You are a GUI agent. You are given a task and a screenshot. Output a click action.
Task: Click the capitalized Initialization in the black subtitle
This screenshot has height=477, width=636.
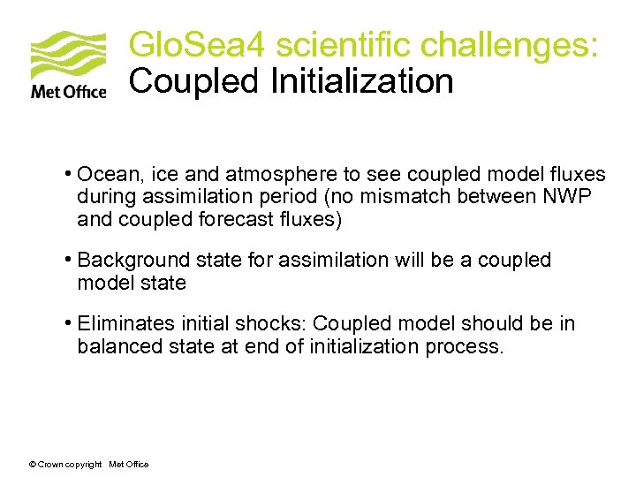point(361,81)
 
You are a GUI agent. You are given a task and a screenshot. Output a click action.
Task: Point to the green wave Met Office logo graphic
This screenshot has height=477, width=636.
point(68,55)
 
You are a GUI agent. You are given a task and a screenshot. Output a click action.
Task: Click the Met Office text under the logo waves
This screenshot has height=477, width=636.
point(68,91)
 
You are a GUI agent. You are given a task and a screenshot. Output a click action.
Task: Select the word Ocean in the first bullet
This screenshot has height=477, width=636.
point(103,174)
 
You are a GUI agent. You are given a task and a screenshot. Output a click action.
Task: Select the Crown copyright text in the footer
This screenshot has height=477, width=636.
point(65,465)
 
